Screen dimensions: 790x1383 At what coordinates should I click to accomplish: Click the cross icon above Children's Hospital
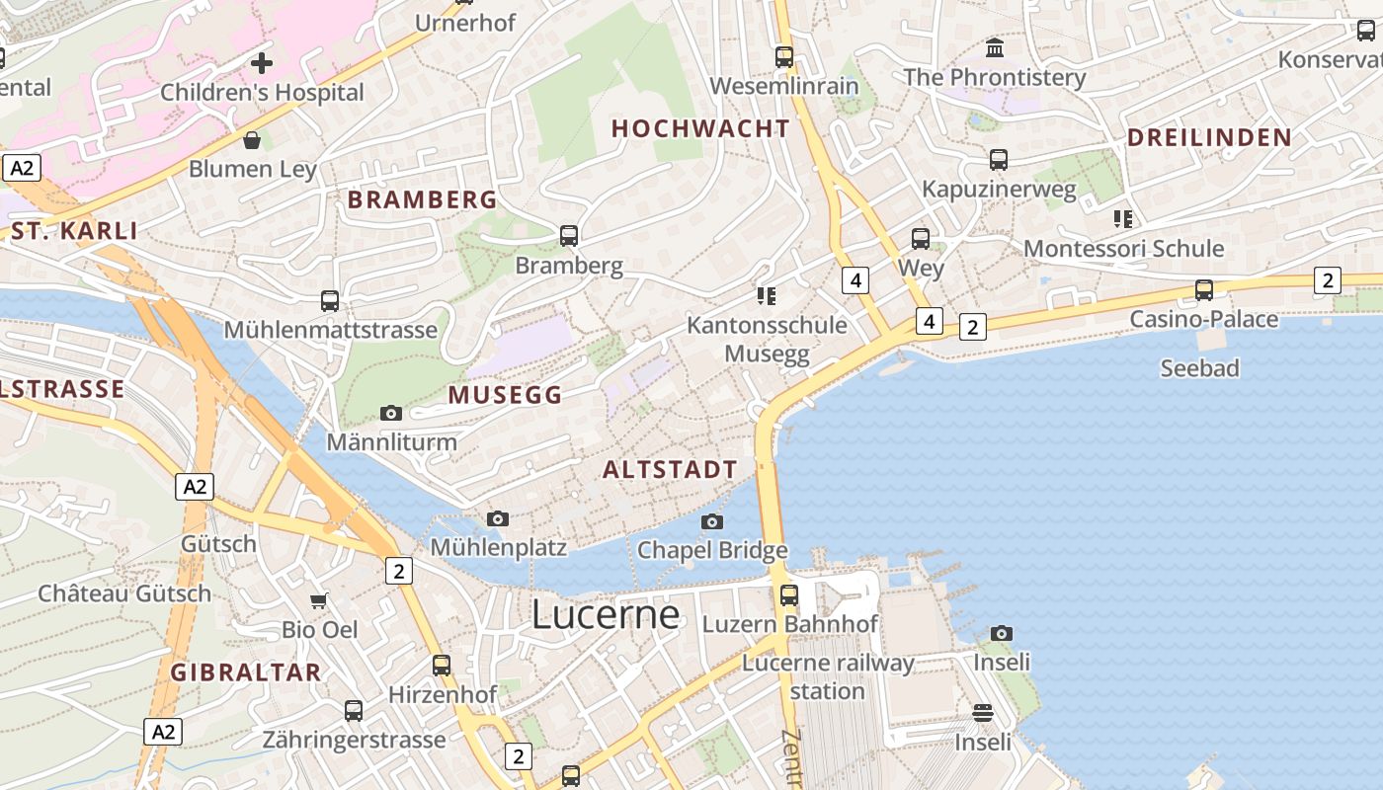pos(261,64)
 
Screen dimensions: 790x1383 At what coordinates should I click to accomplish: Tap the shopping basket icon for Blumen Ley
pos(252,140)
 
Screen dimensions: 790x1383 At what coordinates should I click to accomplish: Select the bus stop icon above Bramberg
pos(569,236)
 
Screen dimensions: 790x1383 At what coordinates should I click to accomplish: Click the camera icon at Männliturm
pos(391,413)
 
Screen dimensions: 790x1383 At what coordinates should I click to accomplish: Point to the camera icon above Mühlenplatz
pos(498,518)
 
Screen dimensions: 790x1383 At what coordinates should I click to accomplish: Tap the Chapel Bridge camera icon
pos(711,521)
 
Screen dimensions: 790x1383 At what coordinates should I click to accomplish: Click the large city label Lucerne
pos(606,614)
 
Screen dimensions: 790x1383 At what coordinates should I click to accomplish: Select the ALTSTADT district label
pos(670,470)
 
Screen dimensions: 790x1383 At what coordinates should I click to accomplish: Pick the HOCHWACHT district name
pos(700,128)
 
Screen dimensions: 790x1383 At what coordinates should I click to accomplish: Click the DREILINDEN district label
pos(1209,137)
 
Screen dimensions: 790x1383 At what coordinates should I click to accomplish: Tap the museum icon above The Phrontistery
pos(995,47)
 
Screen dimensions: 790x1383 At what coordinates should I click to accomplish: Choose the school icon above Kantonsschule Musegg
pos(767,295)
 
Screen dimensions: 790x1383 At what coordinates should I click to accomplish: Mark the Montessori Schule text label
pos(1123,248)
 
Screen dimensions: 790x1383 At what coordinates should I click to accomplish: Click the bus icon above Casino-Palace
pos(1203,290)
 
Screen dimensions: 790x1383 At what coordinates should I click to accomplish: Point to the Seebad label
pos(1199,368)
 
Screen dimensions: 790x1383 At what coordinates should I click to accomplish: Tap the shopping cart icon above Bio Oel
pos(319,600)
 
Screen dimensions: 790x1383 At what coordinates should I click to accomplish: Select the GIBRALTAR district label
pos(246,672)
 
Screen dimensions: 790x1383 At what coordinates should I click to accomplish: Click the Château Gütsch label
pos(124,593)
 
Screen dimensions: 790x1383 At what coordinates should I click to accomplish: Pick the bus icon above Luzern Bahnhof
pos(788,595)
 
